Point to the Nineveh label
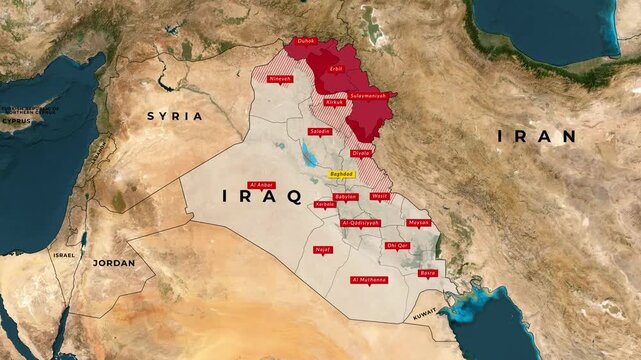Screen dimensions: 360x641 coord(280,78)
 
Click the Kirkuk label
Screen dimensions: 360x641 coord(334,102)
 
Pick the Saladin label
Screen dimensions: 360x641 coord(321,131)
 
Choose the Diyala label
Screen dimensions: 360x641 coord(361,153)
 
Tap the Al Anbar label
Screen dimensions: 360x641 coord(261,185)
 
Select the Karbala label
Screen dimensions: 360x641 coord(325,204)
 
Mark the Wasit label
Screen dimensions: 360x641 coord(379,196)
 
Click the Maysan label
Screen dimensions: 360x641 coord(419,222)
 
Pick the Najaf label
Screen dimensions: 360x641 coord(322,249)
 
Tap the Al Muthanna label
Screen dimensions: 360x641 coord(368,280)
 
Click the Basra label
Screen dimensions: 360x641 coord(428,272)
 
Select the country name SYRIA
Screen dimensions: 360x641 coord(174,116)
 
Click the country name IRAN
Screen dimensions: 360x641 coord(537,136)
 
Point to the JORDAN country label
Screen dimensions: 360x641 coord(114,263)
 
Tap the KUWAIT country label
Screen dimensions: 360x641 coord(425,314)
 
